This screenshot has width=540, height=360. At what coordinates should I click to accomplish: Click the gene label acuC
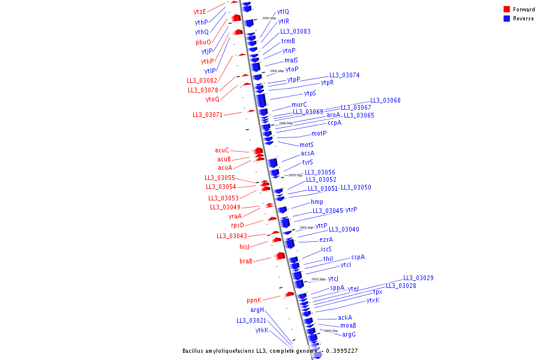pyautogui.click(x=222, y=150)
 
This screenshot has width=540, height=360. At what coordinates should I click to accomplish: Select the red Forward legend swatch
pyautogui.click(x=506, y=10)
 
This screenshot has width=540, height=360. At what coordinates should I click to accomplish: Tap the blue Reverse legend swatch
pyautogui.click(x=506, y=19)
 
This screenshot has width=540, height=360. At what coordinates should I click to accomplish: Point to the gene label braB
pyautogui.click(x=246, y=261)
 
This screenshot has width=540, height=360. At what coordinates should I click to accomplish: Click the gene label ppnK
pyautogui.click(x=254, y=300)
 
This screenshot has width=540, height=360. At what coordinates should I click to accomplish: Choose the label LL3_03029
pyautogui.click(x=418, y=278)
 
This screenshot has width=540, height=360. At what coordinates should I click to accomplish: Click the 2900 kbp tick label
pyautogui.click(x=269, y=19)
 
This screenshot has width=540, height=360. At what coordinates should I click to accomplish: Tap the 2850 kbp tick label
pyautogui.click(x=318, y=279)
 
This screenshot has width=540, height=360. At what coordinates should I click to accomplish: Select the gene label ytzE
pyautogui.click(x=200, y=11)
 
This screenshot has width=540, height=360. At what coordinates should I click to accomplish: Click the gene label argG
pyautogui.click(x=349, y=334)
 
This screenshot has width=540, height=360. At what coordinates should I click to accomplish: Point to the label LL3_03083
pyautogui.click(x=295, y=31)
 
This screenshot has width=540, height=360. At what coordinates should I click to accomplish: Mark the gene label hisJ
pyautogui.click(x=244, y=247)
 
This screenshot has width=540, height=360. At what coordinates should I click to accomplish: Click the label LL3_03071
pyautogui.click(x=208, y=115)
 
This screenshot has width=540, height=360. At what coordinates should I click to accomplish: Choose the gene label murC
pyautogui.click(x=299, y=104)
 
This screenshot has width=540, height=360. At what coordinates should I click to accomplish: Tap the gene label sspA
pyautogui.click(x=358, y=257)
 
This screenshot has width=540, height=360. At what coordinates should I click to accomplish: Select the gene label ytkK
pyautogui.click(x=262, y=330)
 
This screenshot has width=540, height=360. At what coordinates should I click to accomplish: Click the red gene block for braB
pyautogui.click(x=280, y=256)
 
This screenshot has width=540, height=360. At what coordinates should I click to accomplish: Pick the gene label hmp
pyautogui.click(x=317, y=202)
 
